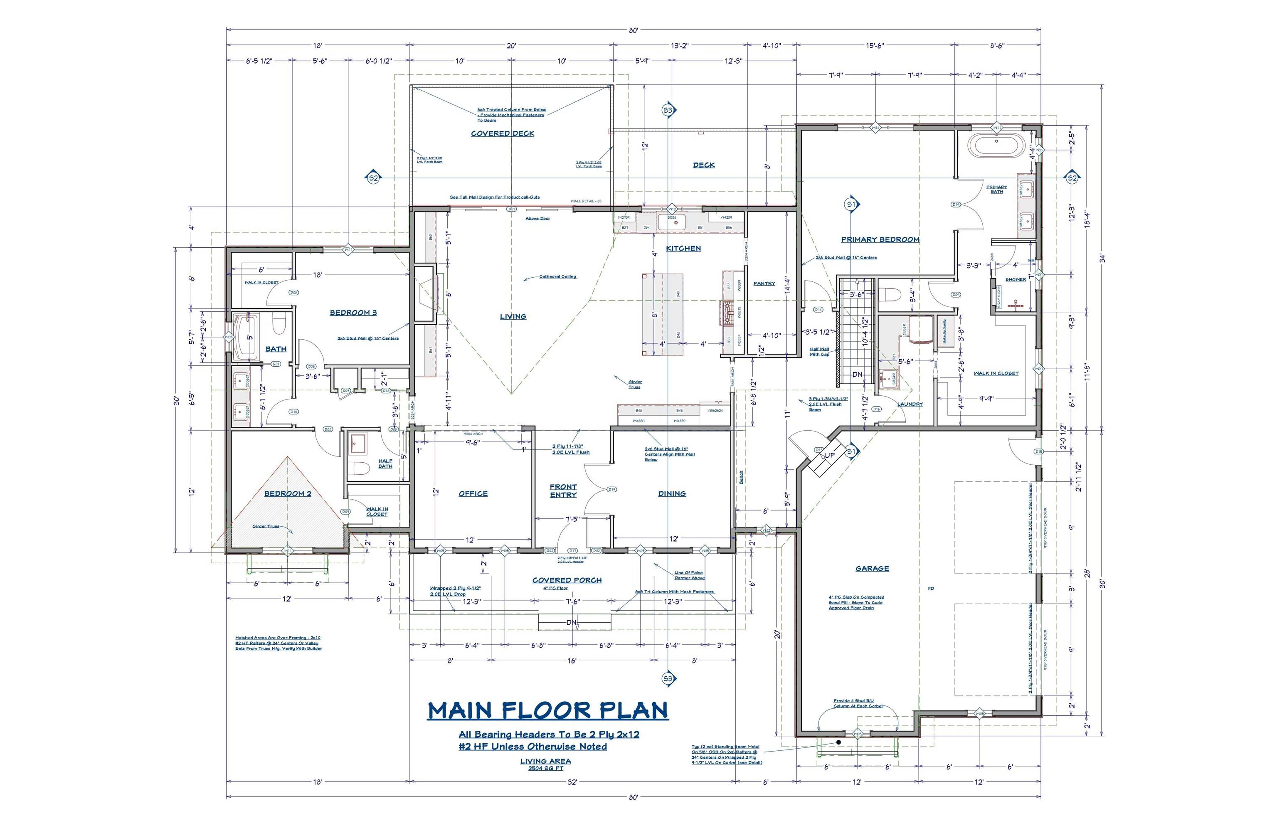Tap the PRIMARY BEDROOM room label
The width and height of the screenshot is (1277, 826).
pos(880,240)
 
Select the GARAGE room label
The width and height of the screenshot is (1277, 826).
pos(872,569)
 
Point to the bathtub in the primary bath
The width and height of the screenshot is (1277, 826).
pos(996,146)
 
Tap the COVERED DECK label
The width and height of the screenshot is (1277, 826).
pos(502,133)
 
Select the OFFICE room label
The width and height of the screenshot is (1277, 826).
pos(473,493)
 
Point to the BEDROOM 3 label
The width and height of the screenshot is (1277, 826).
pos(353,313)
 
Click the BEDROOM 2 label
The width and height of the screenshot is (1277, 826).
pos(288,493)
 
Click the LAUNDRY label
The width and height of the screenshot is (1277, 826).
pos(910,404)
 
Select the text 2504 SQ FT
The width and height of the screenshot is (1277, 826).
pos(545,768)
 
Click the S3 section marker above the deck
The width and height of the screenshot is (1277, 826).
pos(667,110)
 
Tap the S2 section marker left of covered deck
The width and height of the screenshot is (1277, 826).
pos(373,178)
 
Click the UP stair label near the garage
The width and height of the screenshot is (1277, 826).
pos(829,455)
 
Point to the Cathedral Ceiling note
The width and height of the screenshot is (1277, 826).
pos(557,277)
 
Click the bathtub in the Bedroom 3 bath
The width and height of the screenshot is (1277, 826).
pos(246,336)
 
